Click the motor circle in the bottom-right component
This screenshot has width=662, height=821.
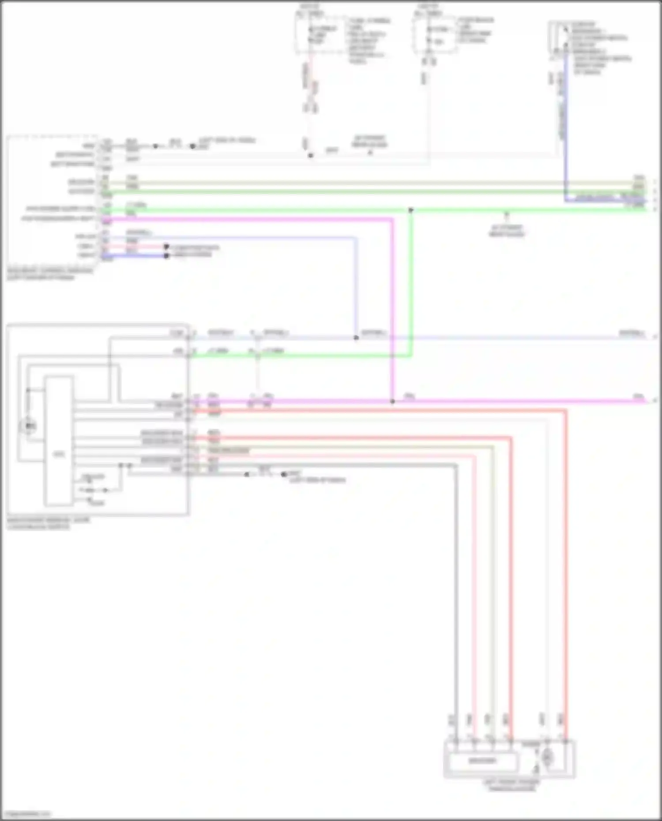coord(547,758)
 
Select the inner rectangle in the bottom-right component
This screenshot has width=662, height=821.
coord(482,761)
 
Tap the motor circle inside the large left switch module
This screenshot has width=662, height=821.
coord(29,426)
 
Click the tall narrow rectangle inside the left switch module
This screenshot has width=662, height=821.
coord(59,441)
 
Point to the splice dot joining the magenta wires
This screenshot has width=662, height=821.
coord(392,401)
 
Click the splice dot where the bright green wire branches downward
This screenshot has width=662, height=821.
coord(411,210)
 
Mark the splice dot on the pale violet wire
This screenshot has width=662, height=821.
coord(356,338)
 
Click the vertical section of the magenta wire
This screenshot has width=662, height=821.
coord(392,309)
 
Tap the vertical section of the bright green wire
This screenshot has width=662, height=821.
coord(411,282)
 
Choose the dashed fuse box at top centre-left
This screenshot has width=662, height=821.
coord(320,35)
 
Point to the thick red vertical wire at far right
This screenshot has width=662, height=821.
coord(565,574)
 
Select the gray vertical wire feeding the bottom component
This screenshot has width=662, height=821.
coord(456,596)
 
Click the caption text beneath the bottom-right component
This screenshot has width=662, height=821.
coord(511,785)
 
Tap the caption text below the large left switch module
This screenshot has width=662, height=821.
coord(48,523)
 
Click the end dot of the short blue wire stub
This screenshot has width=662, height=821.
coord(166,256)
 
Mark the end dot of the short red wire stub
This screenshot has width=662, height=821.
coord(166,247)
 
